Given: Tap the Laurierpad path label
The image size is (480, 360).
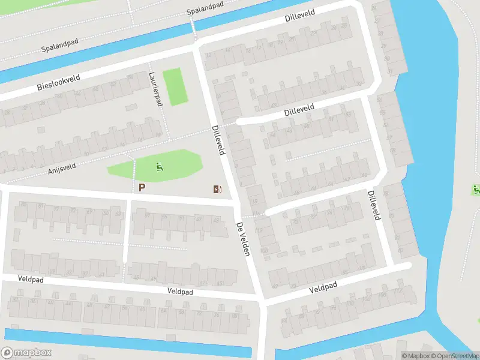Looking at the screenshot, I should pyautogui.click(x=155, y=89).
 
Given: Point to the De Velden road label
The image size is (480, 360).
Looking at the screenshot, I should pyautogui.click(x=242, y=239).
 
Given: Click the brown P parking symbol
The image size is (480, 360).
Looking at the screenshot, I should pyautogui.click(x=142, y=188).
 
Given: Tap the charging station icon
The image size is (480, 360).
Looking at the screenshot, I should pyautogui.click(x=217, y=190).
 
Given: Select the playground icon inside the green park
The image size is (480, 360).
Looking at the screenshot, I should pyautogui.click(x=158, y=166).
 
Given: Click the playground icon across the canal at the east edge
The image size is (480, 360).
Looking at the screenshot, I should pyautogui.click(x=476, y=190).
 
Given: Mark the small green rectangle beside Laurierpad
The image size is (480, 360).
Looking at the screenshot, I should pyautogui.click(x=174, y=87).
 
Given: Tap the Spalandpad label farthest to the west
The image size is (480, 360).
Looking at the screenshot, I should pyautogui.click(x=61, y=47).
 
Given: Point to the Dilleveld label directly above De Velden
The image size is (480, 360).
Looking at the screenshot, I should pyautogui.click(x=217, y=140).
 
